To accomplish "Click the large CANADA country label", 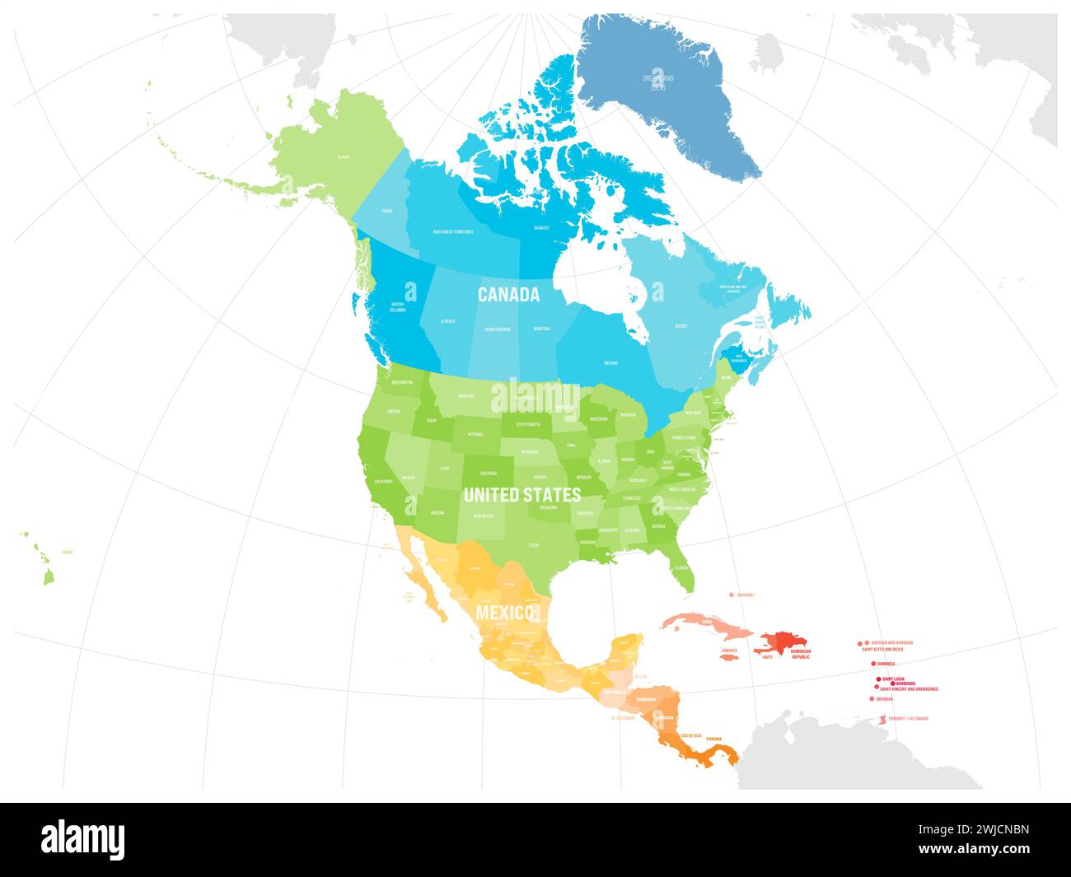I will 508,294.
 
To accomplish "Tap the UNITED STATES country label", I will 521,495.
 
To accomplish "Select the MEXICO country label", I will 505,613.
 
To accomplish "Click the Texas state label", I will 534,545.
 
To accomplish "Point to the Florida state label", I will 680,568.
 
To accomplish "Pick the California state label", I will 383,481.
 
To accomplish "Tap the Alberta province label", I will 447,321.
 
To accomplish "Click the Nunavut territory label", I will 540,227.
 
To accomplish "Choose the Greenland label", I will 658,81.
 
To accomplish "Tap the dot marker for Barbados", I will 893,683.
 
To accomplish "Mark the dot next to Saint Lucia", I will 878,679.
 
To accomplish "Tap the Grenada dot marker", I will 872,699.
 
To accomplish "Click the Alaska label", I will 344,156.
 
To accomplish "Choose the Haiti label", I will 767,657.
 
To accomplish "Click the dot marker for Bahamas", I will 731,594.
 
